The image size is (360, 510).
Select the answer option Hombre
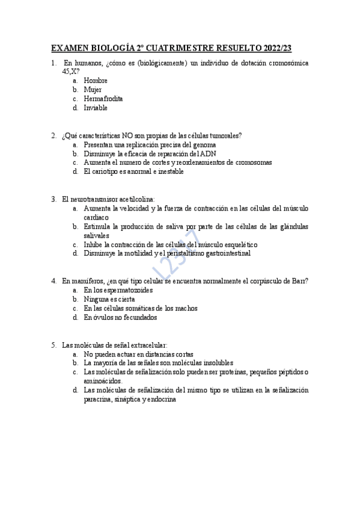coord(96,80)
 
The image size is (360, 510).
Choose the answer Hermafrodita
coord(103,99)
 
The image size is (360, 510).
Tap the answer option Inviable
coord(96,108)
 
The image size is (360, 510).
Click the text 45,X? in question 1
coord(71,71)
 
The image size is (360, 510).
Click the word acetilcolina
coord(135,199)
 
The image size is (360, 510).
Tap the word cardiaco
coord(96,217)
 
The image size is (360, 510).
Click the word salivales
coord(96,236)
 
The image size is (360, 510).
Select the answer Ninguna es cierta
coord(109,299)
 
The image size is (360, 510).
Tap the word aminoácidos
coord(103,381)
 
